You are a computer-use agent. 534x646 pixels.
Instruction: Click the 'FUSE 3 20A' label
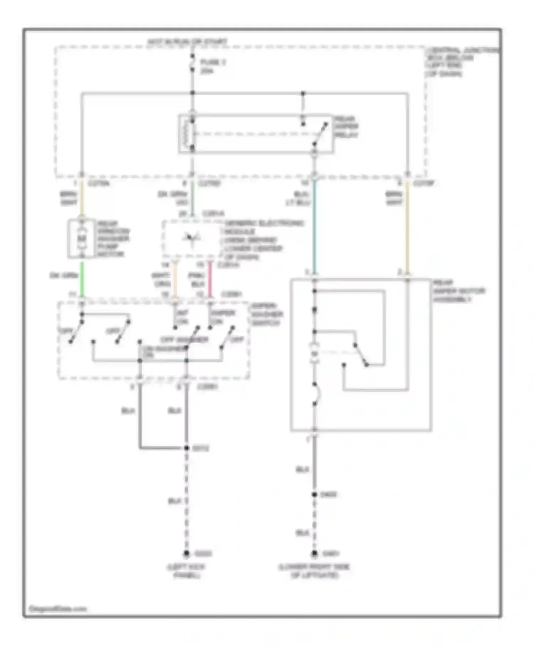point(213,67)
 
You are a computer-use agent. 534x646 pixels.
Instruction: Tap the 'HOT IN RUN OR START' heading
point(187,42)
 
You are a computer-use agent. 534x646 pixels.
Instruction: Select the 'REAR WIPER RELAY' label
point(346,127)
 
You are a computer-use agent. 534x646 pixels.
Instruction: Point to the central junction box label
point(461,62)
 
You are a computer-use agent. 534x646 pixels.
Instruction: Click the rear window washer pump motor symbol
point(82,238)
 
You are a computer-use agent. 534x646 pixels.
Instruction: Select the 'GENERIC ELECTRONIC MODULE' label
point(263,240)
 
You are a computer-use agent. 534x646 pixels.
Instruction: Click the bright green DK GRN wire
point(82,280)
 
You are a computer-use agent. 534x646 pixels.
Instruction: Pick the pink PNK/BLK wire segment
point(210,280)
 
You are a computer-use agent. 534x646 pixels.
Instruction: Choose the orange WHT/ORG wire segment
point(175,280)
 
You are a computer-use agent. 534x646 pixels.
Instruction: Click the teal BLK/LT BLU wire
point(314,228)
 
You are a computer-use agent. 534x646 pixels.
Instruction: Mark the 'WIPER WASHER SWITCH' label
point(267,314)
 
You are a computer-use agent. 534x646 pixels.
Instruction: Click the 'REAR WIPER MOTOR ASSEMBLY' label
point(459,291)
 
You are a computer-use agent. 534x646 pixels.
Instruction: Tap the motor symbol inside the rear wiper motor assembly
point(314,354)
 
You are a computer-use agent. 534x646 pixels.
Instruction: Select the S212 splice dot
point(187,448)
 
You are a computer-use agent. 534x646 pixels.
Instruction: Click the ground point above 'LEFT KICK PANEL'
point(187,554)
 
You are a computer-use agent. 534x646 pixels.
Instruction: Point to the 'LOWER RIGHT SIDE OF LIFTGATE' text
point(314,571)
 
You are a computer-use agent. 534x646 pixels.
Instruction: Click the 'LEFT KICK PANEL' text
point(187,571)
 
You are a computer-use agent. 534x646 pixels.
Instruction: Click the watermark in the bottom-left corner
point(57,609)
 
